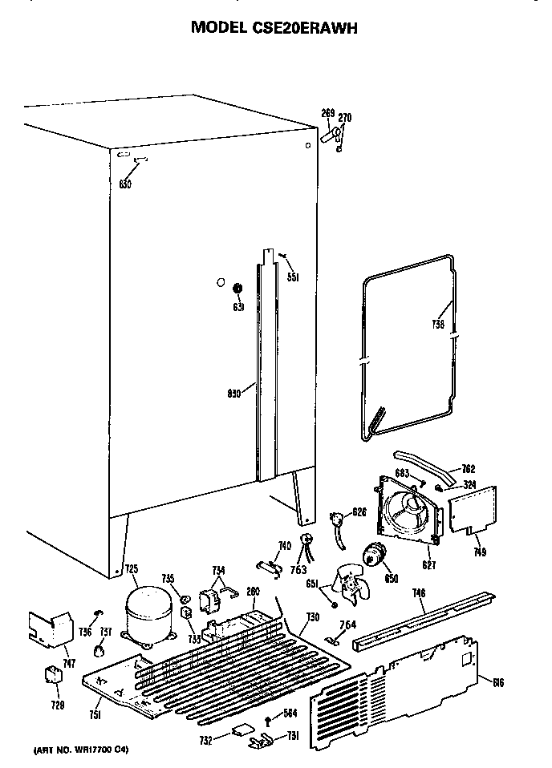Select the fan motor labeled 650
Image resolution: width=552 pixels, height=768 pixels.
[x=372, y=555]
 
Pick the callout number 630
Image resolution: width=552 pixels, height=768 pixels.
[x=124, y=184]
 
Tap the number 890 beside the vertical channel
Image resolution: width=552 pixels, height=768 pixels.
[x=233, y=394]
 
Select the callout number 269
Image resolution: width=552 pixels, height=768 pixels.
[x=327, y=112]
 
